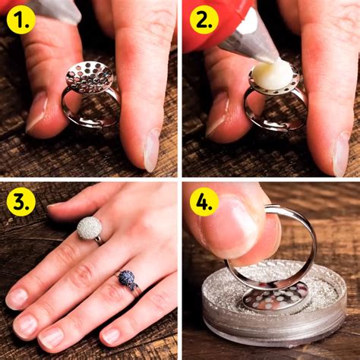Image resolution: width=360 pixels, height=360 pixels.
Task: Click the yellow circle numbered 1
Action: click(21, 20)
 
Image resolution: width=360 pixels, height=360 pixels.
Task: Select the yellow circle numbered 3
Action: click(21, 201)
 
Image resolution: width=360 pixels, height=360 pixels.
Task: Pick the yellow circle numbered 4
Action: click(204, 201)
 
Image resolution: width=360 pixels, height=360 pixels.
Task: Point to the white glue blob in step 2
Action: click(272, 74)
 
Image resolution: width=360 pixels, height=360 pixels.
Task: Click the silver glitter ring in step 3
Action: click(90, 227)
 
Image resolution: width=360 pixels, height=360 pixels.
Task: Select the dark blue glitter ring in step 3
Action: click(126, 279)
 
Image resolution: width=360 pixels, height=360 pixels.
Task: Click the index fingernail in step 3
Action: click(17, 298)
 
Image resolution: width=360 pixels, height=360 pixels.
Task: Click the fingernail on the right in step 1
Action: click(152, 150)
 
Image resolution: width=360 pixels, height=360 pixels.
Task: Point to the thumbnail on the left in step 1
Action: click(36, 111)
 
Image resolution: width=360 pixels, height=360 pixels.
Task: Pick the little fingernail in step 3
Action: click(111, 335)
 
